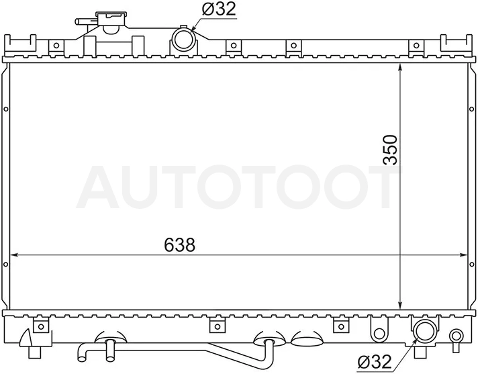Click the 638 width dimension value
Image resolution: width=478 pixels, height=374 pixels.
pos(179,245)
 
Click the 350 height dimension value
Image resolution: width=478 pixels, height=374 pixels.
pos(391,150)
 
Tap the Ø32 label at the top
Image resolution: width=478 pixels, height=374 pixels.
pos(219,9)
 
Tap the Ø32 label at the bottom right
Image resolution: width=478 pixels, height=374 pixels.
pos(375,362)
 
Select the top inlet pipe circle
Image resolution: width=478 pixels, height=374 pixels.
pos(183,39)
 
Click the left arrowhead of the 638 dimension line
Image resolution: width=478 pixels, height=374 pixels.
pos(14,255)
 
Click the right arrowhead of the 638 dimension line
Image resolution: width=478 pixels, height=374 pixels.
pos(463,255)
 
